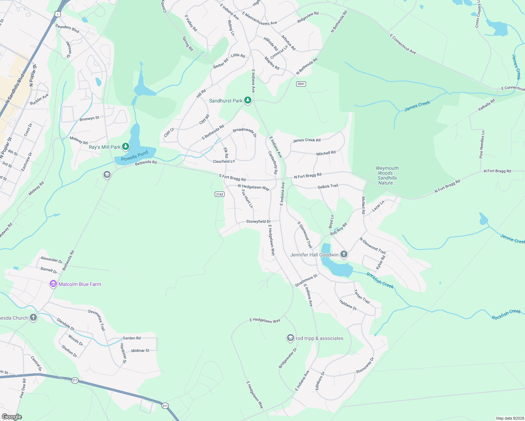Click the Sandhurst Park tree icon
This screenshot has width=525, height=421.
click(x=248, y=100)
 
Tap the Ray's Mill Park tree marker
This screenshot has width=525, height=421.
click(x=126, y=147)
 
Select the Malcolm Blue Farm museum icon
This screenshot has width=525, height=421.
click(x=53, y=284)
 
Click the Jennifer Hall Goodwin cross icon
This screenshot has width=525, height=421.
click(x=344, y=254)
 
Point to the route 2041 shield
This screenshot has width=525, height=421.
click(x=301, y=84)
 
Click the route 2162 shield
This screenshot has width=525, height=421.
click(x=219, y=194)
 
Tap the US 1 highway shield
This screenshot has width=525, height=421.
click(x=57, y=14)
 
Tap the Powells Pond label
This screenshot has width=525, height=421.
click(x=134, y=156)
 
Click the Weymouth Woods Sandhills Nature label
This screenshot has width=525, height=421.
click(x=387, y=175)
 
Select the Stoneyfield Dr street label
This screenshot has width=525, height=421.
click(x=258, y=221)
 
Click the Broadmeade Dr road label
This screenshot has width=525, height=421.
click(x=245, y=132)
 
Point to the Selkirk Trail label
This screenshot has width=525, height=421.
click(x=328, y=186)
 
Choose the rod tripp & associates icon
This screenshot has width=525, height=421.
click(x=290, y=338)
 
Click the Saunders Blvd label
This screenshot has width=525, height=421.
click(x=67, y=28)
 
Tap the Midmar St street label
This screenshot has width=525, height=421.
click(x=140, y=350)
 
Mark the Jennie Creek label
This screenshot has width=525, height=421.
click(x=512, y=239)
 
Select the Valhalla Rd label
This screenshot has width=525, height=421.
click(x=486, y=105)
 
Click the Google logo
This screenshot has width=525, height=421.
click(x=12, y=416)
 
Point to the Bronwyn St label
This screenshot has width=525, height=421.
click(x=89, y=119)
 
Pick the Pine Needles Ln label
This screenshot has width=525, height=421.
click(x=482, y=144)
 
